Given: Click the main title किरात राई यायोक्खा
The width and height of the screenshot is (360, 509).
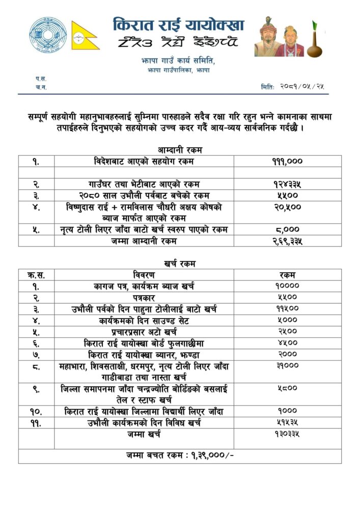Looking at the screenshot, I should (x=178, y=25).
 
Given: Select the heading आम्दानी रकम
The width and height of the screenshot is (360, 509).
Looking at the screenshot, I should (x=179, y=150).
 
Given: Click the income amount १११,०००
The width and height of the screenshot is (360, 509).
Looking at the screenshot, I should (x=287, y=161).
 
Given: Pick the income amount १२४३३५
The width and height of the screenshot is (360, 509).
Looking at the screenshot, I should (x=287, y=184).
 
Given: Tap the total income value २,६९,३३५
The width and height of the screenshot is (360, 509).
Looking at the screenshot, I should (x=287, y=241).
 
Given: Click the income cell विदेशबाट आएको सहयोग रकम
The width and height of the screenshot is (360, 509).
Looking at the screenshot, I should (x=144, y=161).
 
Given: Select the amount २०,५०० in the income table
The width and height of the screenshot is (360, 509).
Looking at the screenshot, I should (x=287, y=208).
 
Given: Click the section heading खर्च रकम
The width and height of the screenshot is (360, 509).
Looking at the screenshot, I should (x=179, y=264).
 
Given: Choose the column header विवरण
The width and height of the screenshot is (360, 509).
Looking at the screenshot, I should (x=144, y=275).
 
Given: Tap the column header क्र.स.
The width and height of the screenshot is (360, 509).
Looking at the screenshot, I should (x=36, y=275).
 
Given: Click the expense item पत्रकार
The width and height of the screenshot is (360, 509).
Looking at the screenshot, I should (x=144, y=297).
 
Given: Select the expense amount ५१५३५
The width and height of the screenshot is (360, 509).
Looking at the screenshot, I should (x=287, y=422).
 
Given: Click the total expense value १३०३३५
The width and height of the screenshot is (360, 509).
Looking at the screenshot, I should (x=287, y=434).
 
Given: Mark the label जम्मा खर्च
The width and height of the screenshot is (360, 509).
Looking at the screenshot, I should (x=144, y=434).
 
